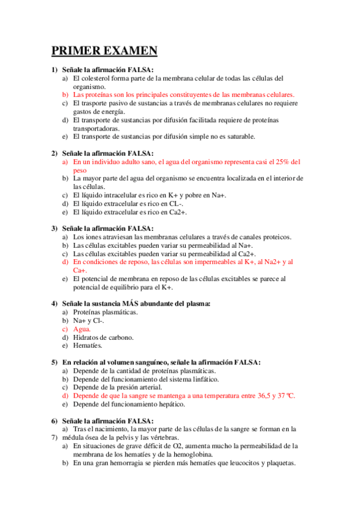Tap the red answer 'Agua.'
coord(82,329)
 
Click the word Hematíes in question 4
coord(88,346)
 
